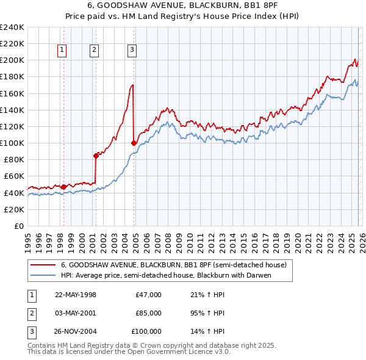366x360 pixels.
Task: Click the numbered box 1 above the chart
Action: (x=63, y=51)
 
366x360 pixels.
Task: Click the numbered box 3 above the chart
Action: (x=132, y=51)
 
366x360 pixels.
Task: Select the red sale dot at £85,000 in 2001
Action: (x=96, y=156)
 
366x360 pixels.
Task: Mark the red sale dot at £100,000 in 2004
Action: (x=134, y=143)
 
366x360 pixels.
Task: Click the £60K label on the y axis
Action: (x=14, y=176)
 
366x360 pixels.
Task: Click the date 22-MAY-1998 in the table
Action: (x=76, y=295)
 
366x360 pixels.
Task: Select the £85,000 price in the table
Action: (x=148, y=313)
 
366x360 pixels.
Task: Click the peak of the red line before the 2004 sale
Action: (x=132, y=85)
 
